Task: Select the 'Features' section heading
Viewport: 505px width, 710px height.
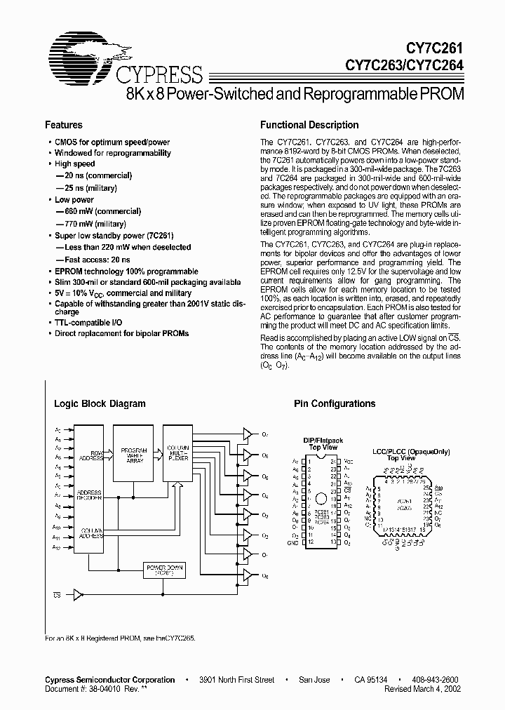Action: [x=64, y=125]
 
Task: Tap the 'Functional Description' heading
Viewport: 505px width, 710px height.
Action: [x=309, y=125]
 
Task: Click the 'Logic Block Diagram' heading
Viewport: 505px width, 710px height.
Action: [x=100, y=403]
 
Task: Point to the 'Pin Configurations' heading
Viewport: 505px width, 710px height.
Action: [x=334, y=403]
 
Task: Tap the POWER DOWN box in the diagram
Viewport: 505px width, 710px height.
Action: [x=162, y=569]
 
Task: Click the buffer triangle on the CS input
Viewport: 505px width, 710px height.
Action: [x=78, y=595]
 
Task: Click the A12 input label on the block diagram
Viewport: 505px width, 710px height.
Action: [x=58, y=547]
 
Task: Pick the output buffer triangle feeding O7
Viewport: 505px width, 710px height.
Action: [x=247, y=435]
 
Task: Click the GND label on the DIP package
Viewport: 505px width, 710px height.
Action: [x=293, y=543]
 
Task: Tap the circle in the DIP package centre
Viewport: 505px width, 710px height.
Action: [x=321, y=499]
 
